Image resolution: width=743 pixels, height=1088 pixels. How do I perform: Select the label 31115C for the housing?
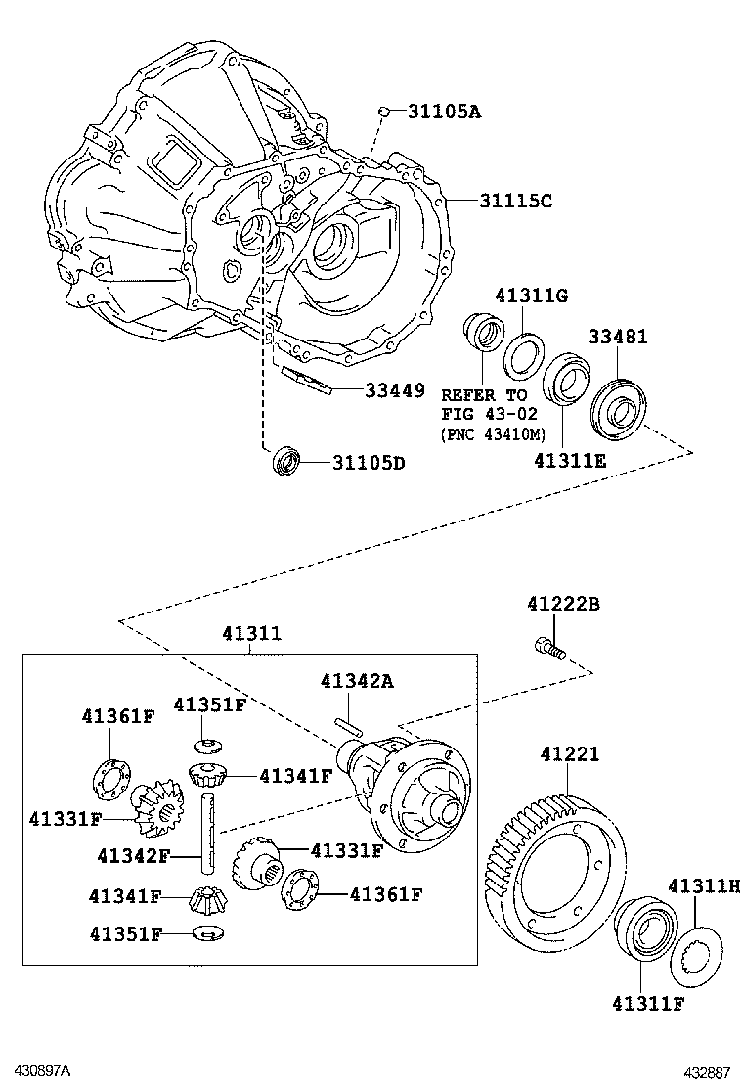515,202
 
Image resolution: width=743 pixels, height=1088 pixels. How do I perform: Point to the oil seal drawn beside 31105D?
286,459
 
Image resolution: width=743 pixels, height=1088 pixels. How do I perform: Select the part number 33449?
395,390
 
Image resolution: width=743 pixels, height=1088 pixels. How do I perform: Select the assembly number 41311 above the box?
251,634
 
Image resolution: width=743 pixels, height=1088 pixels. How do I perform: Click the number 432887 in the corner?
706,1072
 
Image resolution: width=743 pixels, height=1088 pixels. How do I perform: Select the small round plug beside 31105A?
385,112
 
